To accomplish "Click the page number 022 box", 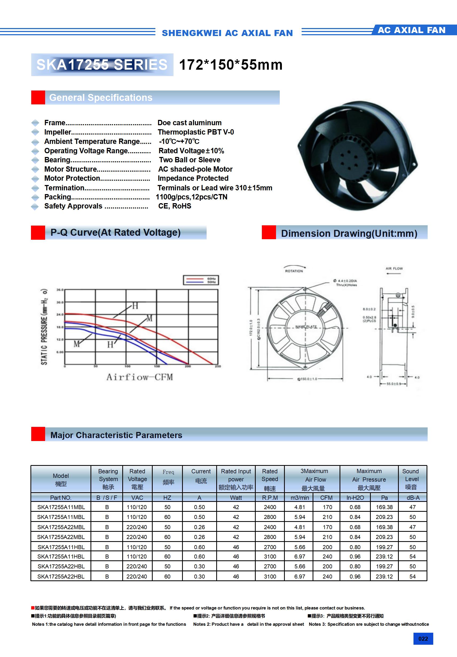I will (423, 639).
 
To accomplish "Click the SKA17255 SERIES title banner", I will (102, 65).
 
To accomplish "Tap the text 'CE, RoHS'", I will (175, 206).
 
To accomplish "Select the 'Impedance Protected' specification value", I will (193, 178).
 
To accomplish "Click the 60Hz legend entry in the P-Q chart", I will (211, 278).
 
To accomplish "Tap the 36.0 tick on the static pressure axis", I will (60, 290).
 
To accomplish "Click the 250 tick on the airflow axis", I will (218, 366).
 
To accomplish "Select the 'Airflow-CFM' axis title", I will (140, 377).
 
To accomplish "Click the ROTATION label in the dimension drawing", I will (294, 271).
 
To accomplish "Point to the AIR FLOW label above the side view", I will (394, 268).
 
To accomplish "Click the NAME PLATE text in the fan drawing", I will (306, 326).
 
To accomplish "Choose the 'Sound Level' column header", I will (411, 479).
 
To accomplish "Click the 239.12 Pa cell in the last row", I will (384, 576).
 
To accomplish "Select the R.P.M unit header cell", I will (270, 498).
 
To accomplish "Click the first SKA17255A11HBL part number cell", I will (61, 547).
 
